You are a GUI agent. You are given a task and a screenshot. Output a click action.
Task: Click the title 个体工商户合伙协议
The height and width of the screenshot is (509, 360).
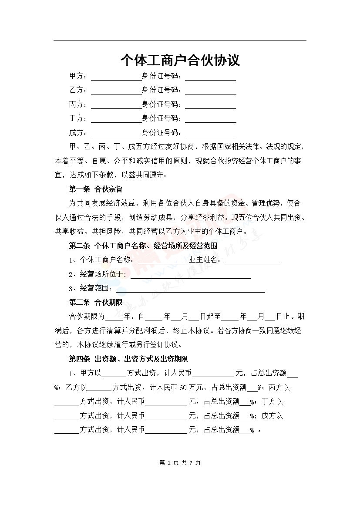tap(180, 60)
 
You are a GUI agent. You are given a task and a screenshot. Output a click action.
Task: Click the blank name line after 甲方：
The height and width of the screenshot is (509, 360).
tap(116, 77)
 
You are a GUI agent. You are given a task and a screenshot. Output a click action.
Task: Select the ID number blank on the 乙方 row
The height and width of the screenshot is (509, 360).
tap(211, 91)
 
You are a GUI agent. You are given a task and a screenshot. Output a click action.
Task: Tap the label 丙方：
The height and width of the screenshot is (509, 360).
tap(78, 104)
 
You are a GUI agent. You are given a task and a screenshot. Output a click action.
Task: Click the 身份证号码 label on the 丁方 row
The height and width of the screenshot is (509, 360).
tap(161, 118)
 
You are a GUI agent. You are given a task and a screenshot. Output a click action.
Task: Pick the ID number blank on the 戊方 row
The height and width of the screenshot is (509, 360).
tap(211, 133)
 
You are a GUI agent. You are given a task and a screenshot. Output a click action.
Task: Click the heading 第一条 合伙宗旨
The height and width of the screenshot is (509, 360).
tap(95, 189)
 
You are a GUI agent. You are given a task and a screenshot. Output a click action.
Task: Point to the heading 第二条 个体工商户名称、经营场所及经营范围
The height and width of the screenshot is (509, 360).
tap(143, 246)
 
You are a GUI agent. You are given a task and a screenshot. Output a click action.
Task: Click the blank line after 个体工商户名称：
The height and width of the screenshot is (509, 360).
tap(161, 261)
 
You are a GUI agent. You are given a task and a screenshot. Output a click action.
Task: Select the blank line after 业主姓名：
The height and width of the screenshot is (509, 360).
tap(252, 261)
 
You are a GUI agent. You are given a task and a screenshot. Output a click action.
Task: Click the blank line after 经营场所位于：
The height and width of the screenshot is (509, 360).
tap(190, 275)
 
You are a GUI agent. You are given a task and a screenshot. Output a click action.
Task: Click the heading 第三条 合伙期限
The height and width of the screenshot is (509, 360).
tap(95, 302)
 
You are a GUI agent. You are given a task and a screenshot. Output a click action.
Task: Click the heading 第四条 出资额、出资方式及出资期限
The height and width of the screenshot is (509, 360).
tap(128, 359)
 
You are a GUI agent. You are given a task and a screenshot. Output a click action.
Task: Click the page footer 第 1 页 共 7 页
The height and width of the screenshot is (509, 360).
tap(180, 462)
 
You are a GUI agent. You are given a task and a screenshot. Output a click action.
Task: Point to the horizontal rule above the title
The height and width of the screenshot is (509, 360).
tap(180, 40)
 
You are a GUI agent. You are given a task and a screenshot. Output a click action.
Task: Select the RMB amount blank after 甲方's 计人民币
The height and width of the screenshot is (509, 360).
tap(213, 374)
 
